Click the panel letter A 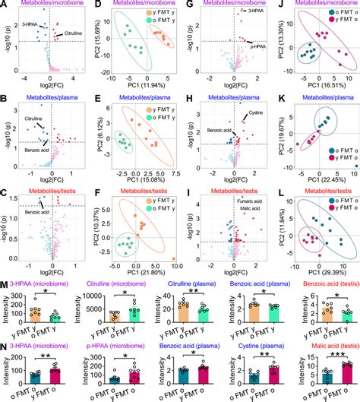click(x=5, y=5)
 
